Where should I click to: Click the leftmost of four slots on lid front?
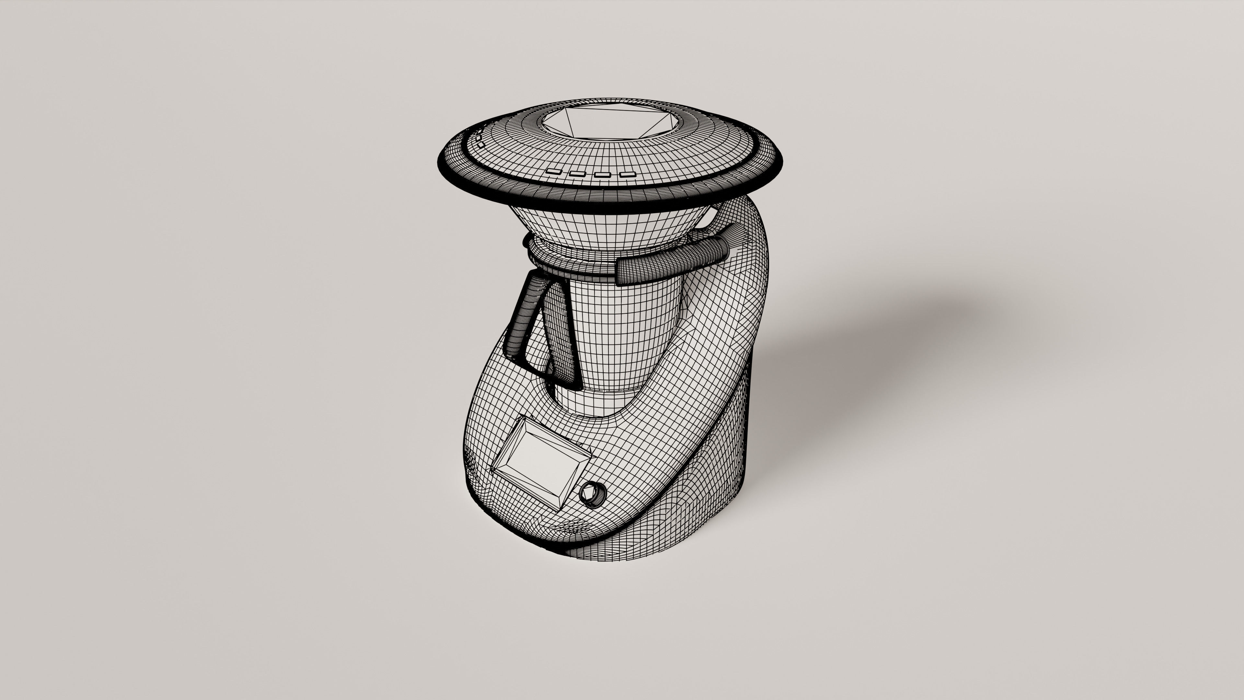point(553,171)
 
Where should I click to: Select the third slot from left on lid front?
point(602,174)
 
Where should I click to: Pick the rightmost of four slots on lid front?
point(627,174)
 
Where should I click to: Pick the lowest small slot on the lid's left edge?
point(481,144)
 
